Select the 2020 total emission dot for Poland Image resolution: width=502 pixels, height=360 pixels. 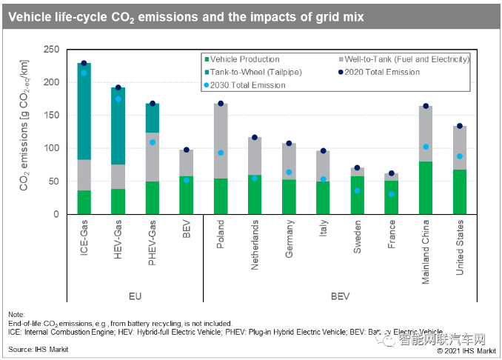point(220,103)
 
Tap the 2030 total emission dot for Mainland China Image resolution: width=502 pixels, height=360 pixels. point(426,147)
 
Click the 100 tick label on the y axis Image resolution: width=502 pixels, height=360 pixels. point(53,148)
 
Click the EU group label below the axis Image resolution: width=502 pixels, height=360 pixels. point(133,296)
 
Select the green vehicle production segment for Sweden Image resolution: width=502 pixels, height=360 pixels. point(357,196)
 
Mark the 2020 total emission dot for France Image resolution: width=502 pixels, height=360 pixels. point(391,173)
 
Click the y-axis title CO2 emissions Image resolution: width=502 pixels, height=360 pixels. point(25,131)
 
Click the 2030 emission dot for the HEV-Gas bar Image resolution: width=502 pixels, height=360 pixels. point(117,99)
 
